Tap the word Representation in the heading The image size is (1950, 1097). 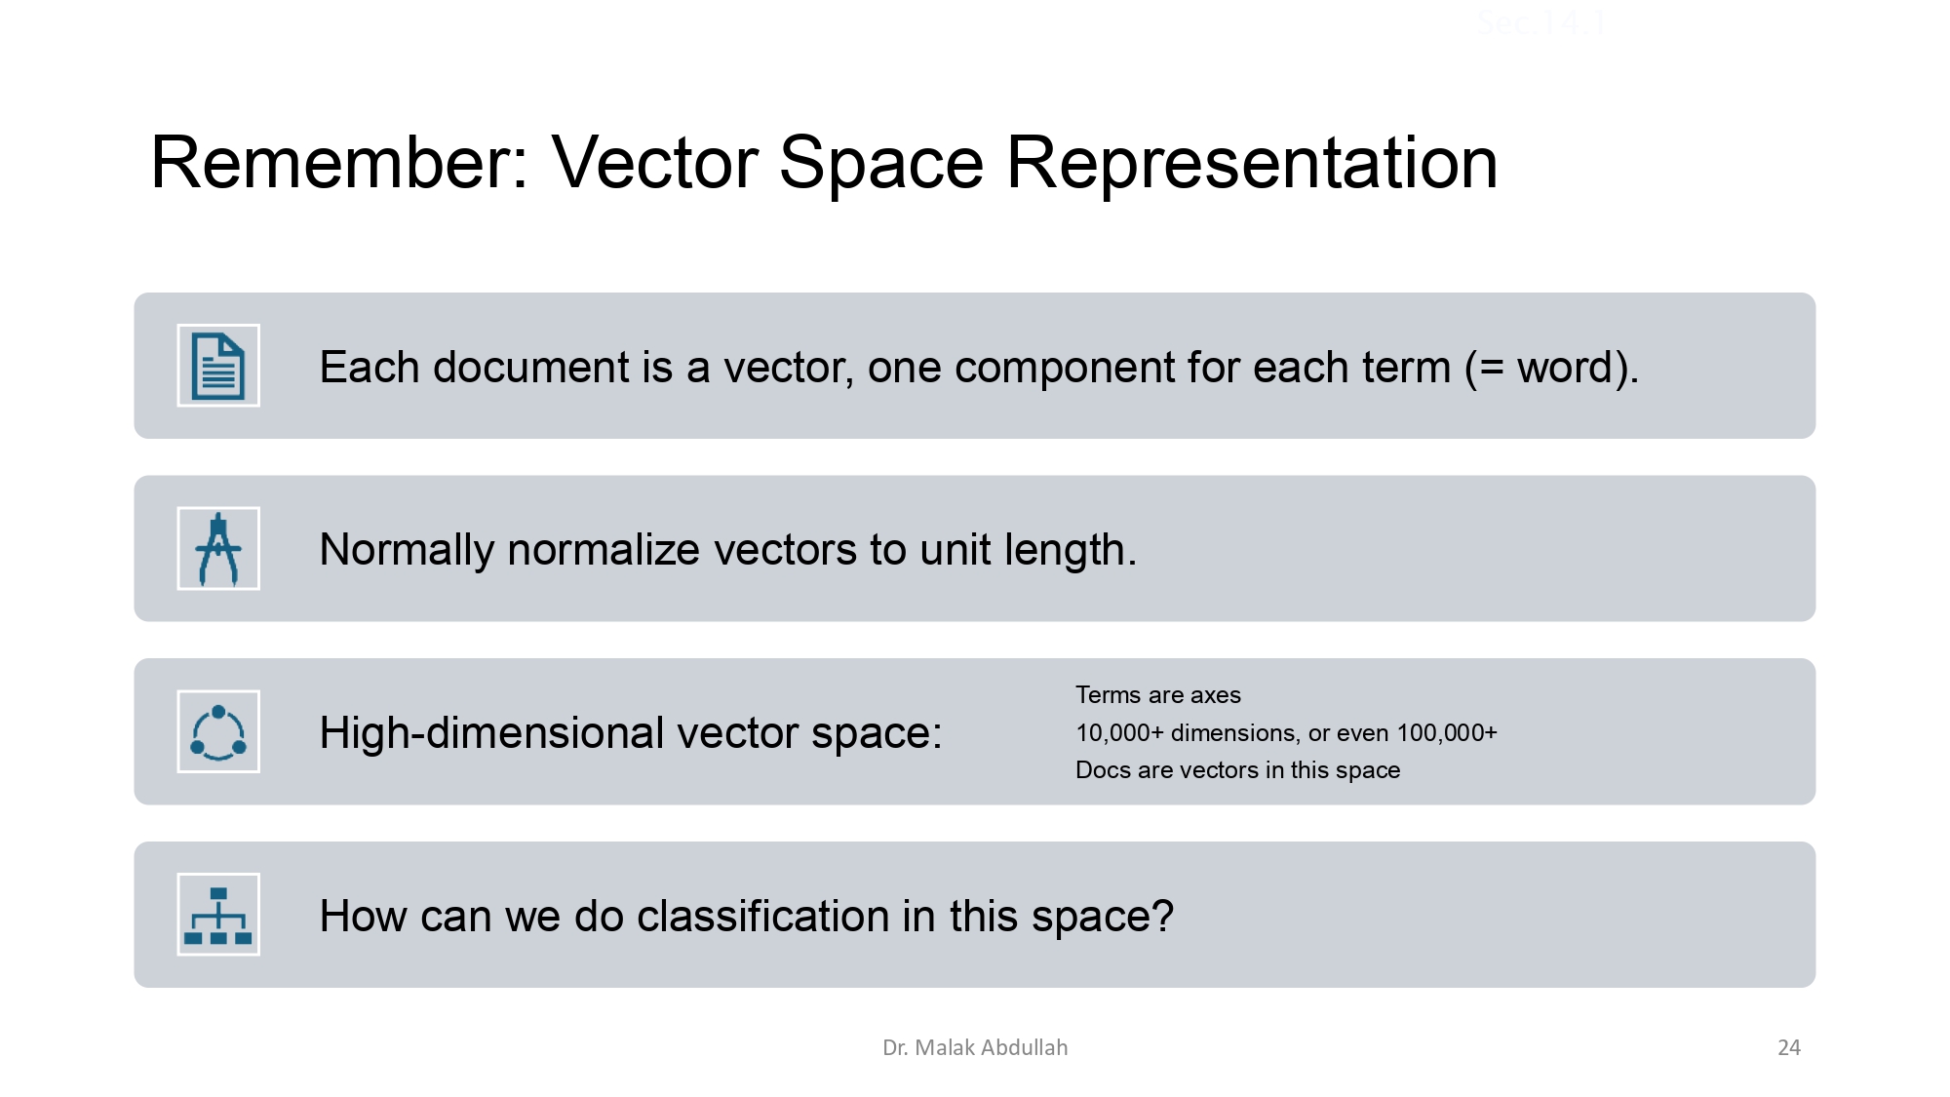coord(1252,162)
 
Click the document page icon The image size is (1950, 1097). coord(218,366)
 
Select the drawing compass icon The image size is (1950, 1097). coord(218,548)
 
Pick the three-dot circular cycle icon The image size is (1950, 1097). coord(218,731)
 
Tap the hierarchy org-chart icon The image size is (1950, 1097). coord(218,915)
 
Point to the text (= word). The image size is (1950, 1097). coord(1551,368)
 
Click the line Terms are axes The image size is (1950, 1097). coord(1157,695)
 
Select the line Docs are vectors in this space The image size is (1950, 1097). coord(1237,770)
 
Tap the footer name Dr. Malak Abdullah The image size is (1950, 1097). coord(975,1048)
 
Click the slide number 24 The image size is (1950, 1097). coord(1789,1048)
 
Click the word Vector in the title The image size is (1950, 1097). coord(655,162)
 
